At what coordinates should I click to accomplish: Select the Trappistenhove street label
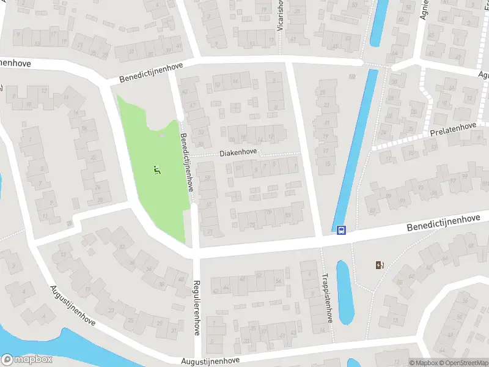tap(328, 297)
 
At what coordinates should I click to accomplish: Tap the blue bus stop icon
tap(341, 230)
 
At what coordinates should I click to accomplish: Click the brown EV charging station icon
tap(380, 265)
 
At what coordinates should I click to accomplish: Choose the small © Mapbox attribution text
tap(424, 363)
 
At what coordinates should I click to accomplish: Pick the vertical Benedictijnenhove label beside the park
tap(187, 161)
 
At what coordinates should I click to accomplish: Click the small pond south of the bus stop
tap(344, 292)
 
